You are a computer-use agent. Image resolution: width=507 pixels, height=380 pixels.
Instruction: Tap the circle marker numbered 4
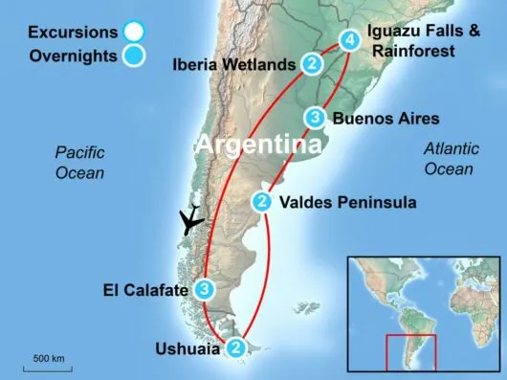[350, 40]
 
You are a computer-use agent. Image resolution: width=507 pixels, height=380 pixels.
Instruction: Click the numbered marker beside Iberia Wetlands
[312, 65]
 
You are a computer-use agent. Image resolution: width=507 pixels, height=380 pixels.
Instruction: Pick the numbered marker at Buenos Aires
[315, 118]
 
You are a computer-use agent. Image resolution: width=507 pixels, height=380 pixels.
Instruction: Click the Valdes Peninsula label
[347, 203]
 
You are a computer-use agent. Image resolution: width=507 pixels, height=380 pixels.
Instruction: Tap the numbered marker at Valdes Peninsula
[262, 202]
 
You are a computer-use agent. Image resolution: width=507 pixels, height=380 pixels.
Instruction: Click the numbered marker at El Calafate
[204, 288]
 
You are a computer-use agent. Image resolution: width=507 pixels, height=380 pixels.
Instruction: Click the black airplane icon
[192, 219]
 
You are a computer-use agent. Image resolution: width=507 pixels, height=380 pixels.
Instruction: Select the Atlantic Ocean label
[449, 160]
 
